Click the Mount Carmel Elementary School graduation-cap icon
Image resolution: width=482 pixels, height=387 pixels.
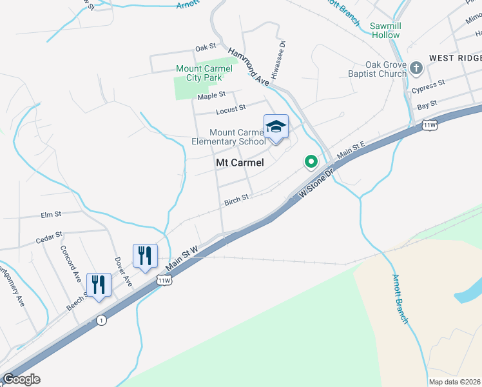click(x=276, y=126)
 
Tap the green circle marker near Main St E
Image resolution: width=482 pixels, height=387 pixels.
click(x=311, y=161)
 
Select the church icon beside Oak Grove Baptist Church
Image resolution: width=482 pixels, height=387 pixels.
click(x=417, y=67)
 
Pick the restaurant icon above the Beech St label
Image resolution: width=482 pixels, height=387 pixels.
click(x=99, y=284)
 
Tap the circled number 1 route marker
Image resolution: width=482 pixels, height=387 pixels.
click(x=101, y=320)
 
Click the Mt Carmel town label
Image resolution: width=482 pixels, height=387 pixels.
click(x=239, y=163)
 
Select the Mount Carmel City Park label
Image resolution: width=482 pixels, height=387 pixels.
click(x=199, y=74)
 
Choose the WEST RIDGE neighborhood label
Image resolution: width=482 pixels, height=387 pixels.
click(x=456, y=58)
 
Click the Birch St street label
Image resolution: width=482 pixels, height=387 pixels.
click(x=236, y=201)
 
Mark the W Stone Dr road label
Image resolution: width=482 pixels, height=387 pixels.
click(x=318, y=183)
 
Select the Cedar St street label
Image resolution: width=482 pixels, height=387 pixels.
click(x=49, y=238)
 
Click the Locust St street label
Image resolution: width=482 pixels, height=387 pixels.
click(x=231, y=109)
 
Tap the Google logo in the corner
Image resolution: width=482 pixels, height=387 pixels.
click(x=21, y=379)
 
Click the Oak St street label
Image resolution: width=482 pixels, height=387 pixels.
click(x=205, y=48)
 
